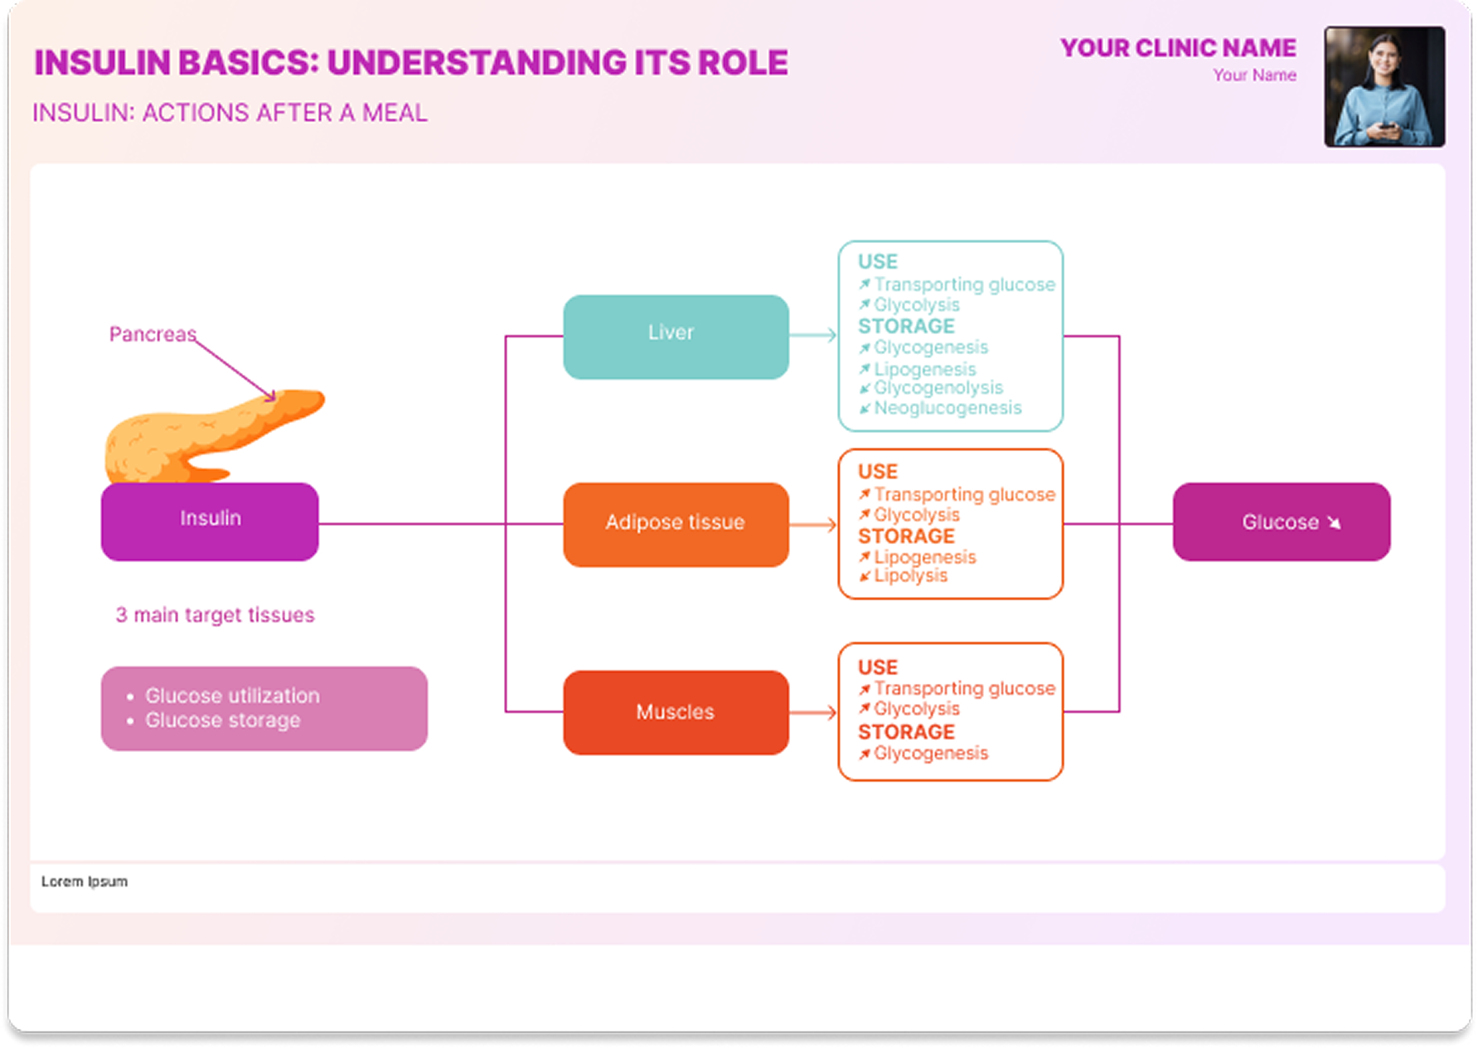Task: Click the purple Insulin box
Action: [x=210, y=521]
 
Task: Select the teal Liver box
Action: [x=676, y=336]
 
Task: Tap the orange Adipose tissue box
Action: [x=676, y=524]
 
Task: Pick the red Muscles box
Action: [x=676, y=712]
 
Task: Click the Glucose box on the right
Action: [x=1281, y=522]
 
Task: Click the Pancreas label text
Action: [x=153, y=334]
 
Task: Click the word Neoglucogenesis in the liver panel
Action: [x=947, y=408]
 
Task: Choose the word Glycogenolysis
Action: [x=938, y=387]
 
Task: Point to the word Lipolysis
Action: [x=910, y=575]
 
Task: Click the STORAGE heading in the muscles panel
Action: [x=906, y=732]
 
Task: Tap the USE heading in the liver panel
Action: [x=877, y=262]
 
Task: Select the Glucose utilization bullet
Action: [x=232, y=696]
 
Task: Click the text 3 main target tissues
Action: [x=215, y=615]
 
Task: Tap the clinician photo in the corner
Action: [x=1384, y=86]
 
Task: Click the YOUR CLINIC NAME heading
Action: [x=1178, y=48]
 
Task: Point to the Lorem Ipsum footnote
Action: [x=85, y=881]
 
